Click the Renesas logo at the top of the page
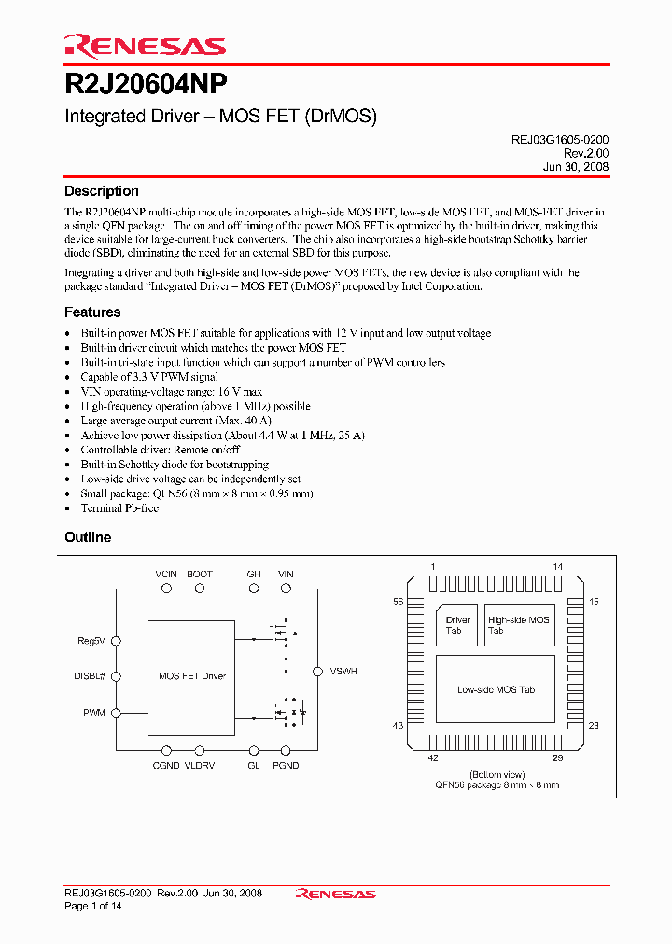coord(145,46)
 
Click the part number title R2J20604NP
coord(145,87)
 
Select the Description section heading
coord(101,191)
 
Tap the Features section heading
coord(92,312)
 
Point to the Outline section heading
coord(88,537)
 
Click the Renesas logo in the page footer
coord(335,894)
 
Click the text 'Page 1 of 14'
coord(96,907)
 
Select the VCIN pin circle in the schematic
coord(167,589)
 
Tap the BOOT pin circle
coord(199,589)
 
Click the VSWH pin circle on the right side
coord(317,671)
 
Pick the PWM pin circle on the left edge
coord(117,713)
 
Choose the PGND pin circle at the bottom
coord(286,750)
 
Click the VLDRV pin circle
coord(199,750)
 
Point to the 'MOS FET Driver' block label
coord(192,675)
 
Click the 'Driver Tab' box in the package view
coord(457,625)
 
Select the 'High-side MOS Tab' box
coord(519,625)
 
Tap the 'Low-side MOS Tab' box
coord(495,690)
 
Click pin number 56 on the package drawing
coord(398,603)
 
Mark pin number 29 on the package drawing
coord(558,759)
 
